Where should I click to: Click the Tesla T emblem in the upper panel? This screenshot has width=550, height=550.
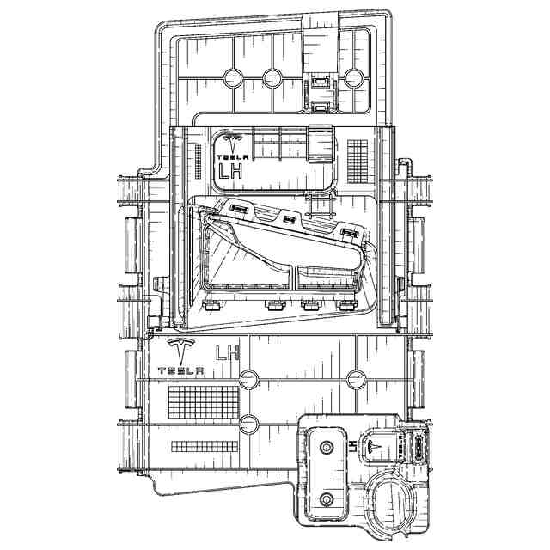tap(231, 144)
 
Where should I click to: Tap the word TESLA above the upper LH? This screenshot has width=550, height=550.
tap(231, 157)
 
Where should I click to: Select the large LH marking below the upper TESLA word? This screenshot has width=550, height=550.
tap(231, 171)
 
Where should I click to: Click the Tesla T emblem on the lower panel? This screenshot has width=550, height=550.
tap(180, 351)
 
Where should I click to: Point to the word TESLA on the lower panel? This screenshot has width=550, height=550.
tap(180, 371)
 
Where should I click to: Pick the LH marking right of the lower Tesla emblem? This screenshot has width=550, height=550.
tap(228, 351)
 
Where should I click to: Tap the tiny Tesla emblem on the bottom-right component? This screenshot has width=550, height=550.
tap(374, 443)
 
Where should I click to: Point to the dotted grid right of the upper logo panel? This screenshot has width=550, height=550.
tap(357, 157)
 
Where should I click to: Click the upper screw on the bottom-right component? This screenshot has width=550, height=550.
tap(327, 448)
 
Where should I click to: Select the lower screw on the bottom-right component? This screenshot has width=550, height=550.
tap(327, 500)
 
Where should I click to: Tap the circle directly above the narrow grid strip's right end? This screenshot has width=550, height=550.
tap(249, 424)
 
